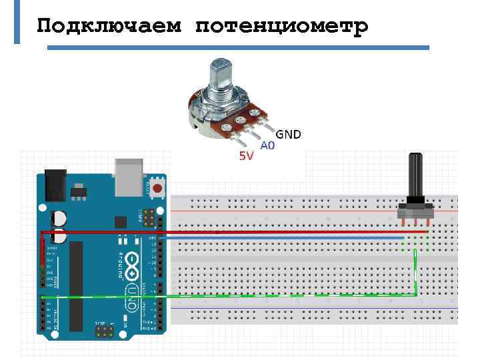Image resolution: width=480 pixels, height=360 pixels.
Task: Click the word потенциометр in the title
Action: (282, 26)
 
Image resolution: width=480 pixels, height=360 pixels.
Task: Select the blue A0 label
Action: (267, 145)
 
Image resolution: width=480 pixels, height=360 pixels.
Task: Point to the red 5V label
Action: (246, 157)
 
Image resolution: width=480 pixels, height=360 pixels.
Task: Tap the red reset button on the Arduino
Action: (158, 188)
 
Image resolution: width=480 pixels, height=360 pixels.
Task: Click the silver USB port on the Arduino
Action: (129, 176)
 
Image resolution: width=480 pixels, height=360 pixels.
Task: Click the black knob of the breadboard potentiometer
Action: (415, 177)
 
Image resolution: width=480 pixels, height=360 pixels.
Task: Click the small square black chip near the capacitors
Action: (121, 222)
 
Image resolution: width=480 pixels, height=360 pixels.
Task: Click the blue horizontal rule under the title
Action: (237, 48)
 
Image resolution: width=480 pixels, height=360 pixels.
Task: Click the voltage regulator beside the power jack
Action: (79, 191)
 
